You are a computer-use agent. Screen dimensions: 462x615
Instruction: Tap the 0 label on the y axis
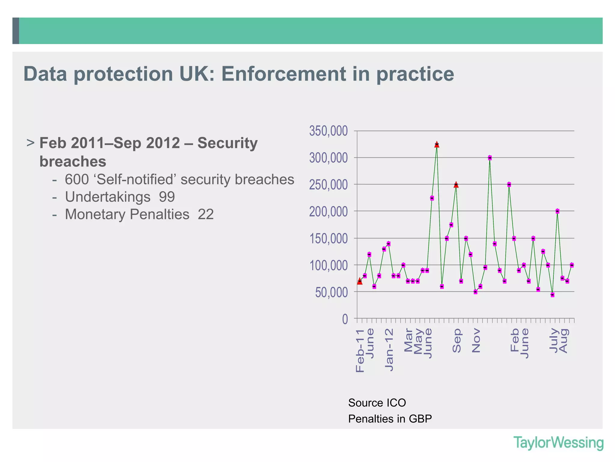(345, 319)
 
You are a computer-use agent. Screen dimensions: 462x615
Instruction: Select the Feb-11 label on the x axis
(360, 350)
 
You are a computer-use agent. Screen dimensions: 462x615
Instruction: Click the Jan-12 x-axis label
(389, 350)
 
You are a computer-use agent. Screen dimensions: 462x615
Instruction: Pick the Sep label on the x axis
(456, 340)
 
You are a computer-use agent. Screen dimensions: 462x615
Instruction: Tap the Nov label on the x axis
(476, 340)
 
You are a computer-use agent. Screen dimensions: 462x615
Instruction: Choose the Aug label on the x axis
(564, 341)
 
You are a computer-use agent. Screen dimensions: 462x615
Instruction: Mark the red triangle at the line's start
(360, 281)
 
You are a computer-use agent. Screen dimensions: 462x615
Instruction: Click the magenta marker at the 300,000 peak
(490, 158)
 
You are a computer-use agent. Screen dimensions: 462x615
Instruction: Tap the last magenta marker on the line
(572, 265)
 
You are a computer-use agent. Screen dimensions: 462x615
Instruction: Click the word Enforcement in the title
(283, 74)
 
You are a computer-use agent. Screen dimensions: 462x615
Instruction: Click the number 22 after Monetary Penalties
(206, 214)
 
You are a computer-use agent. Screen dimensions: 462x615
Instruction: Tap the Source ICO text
(377, 403)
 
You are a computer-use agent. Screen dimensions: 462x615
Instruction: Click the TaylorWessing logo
(558, 443)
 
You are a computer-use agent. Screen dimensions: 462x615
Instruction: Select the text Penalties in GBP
(390, 419)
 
